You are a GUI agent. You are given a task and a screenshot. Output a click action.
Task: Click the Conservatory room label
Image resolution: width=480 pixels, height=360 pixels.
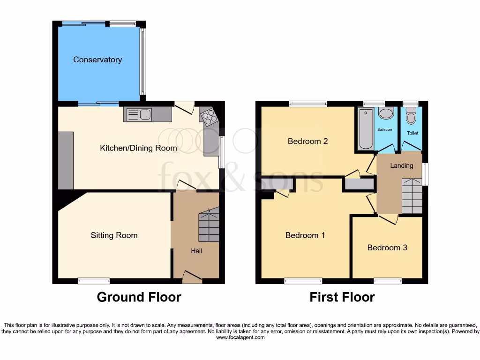(x=97, y=60)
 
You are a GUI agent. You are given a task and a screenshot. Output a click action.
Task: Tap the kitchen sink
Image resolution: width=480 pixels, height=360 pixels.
(x=139, y=114)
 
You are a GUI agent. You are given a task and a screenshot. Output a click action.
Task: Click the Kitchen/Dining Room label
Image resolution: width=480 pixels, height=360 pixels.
(x=138, y=148)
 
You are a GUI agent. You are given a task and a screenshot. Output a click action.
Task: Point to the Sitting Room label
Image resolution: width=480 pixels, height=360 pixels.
(x=114, y=235)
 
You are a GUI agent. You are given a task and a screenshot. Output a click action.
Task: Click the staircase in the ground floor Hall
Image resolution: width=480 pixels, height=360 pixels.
(x=209, y=226)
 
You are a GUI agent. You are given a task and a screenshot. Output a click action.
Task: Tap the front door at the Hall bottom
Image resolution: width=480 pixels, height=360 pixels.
(x=192, y=277)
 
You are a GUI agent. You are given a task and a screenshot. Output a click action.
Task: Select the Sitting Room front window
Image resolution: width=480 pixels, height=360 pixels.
(x=94, y=281)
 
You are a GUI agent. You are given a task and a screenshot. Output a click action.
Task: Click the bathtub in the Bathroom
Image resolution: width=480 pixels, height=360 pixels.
(x=366, y=128)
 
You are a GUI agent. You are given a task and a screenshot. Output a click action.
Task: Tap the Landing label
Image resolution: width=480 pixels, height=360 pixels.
(x=402, y=165)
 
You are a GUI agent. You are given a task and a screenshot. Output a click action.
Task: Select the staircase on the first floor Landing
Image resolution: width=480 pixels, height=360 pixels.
(x=412, y=196)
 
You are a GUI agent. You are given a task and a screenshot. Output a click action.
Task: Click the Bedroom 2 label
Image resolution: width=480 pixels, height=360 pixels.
(x=307, y=141)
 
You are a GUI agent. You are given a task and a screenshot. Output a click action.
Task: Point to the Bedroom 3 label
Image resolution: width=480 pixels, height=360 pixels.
(x=387, y=247)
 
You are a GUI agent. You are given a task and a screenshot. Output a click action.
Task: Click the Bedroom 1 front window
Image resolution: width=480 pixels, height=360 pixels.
(x=303, y=281)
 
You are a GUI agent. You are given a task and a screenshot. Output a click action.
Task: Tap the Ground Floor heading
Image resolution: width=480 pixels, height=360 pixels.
(x=139, y=297)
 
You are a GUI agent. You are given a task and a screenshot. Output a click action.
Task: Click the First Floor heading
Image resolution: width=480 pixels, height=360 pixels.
(x=342, y=297)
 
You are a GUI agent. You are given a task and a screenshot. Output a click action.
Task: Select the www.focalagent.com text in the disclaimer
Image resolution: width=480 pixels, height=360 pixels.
(x=240, y=337)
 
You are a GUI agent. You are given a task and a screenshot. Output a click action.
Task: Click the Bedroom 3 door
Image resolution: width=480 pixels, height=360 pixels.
(x=388, y=219)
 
